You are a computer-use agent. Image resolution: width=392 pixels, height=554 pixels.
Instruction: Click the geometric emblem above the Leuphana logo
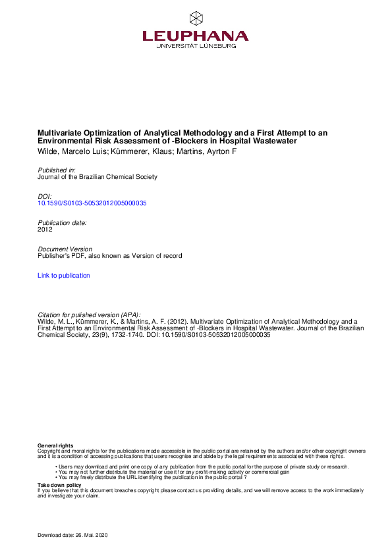pos(196,18)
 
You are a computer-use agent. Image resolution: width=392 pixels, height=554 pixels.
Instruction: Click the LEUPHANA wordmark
pos(196,36)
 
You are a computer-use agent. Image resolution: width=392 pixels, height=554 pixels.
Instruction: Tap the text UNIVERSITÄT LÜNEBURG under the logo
pos(196,47)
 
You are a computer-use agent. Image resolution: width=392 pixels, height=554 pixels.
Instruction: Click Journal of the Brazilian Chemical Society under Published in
pos(98,176)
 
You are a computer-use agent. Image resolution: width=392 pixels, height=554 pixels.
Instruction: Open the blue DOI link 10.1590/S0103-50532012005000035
pos(92,203)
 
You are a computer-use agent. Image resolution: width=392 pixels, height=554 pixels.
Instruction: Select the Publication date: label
pos(62,222)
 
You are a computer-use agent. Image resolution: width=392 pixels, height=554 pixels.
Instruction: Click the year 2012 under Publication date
pos(45,230)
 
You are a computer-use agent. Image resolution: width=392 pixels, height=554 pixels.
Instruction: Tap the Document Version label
pos(65,249)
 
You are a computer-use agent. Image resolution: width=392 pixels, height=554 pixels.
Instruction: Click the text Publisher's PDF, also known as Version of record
pos(109,256)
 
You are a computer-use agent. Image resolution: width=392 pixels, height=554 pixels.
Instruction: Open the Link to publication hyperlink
pos(64,276)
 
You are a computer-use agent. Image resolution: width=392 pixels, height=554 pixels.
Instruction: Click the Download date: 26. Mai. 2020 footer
pos(72,535)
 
